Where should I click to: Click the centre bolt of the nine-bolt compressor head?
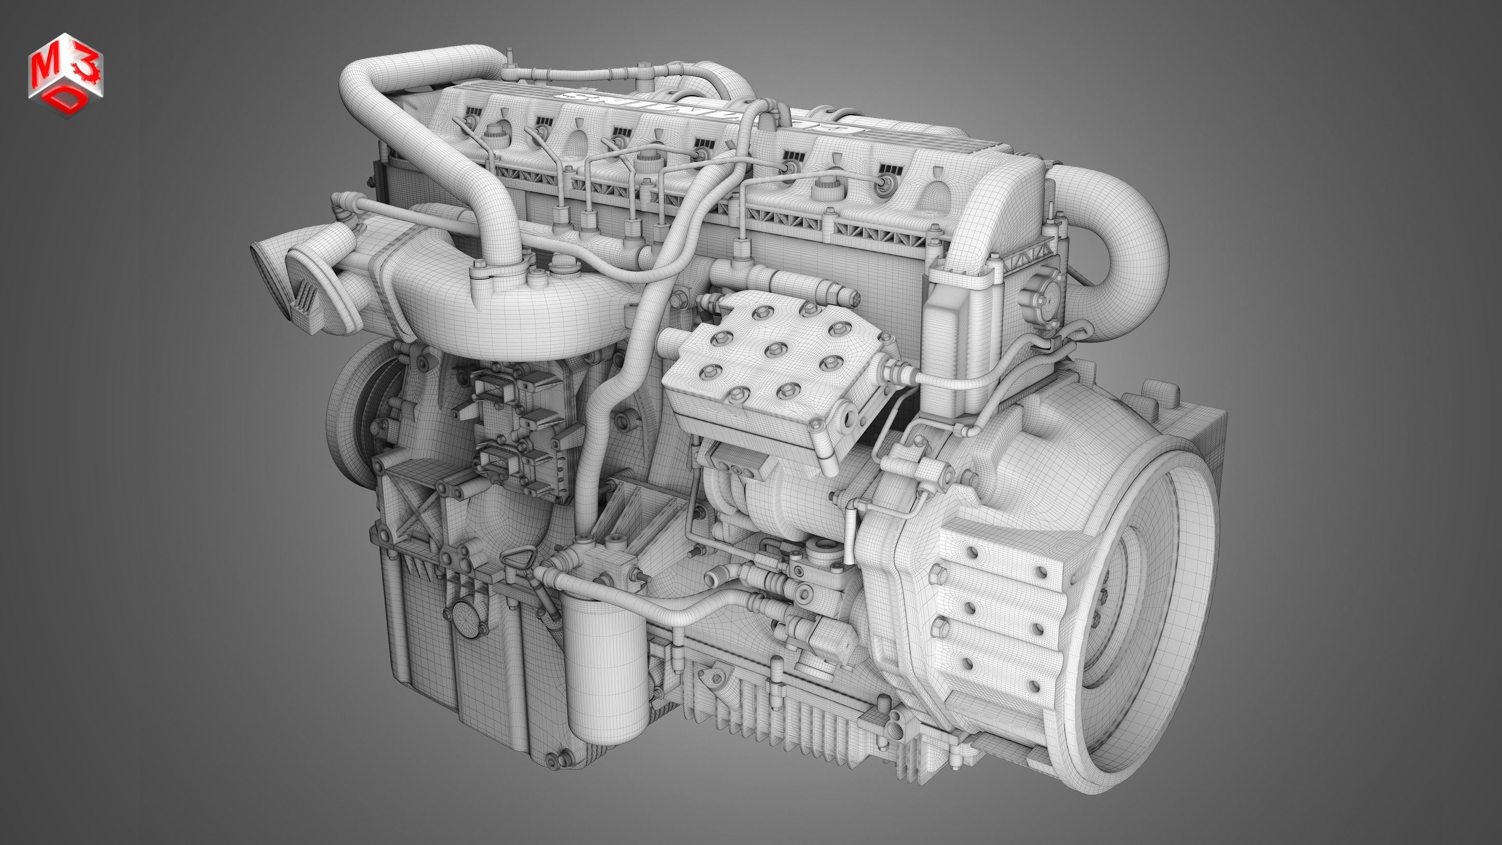774,348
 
